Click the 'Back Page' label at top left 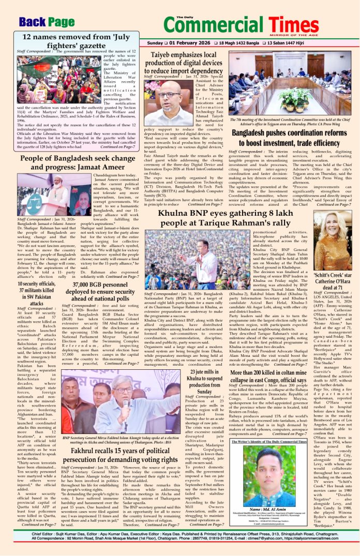pyautogui.click(x=47, y=21)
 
